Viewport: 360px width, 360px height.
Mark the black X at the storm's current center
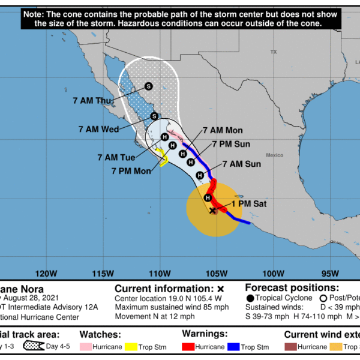pyautogui.click(x=212, y=211)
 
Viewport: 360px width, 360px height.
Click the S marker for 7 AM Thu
pyautogui.click(x=149, y=86)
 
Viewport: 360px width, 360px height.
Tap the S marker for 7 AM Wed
pyautogui.click(x=154, y=116)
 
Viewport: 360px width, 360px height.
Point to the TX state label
pyautogui.click(x=274, y=52)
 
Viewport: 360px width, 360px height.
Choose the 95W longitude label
pyautogui.click(x=329, y=275)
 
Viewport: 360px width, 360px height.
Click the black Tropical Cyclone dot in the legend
pyautogui.click(x=250, y=298)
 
